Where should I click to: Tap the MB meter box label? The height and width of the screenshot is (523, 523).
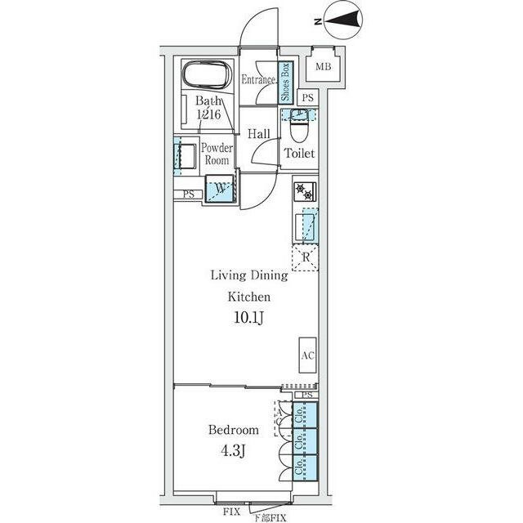[324, 66]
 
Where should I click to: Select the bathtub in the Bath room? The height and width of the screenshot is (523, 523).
[208, 77]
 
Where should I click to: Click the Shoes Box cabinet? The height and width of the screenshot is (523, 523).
[286, 83]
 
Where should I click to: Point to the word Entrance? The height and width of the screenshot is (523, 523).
[258, 80]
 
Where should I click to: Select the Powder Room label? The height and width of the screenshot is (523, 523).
[217, 154]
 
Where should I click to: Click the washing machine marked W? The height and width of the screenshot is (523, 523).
[220, 190]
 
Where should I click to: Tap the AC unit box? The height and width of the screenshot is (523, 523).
[307, 356]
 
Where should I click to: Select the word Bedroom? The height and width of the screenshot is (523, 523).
[233, 430]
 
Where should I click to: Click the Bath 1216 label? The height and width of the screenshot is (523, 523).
[207, 110]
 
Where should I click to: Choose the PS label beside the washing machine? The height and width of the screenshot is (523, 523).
[189, 194]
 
